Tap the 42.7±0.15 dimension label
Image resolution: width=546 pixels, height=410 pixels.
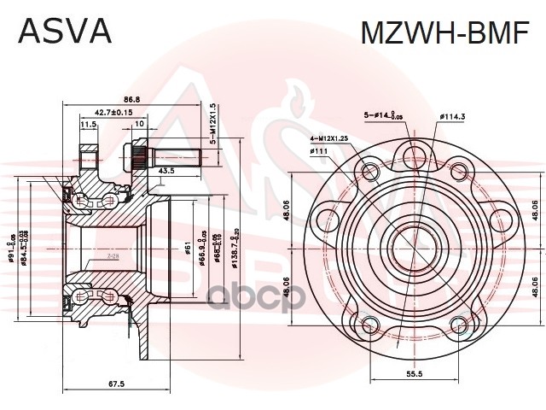(x=113, y=112)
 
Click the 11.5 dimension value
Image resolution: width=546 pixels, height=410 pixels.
(x=88, y=125)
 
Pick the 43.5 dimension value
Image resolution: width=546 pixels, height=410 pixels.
(x=167, y=172)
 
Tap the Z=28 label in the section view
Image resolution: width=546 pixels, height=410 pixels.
(x=113, y=255)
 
